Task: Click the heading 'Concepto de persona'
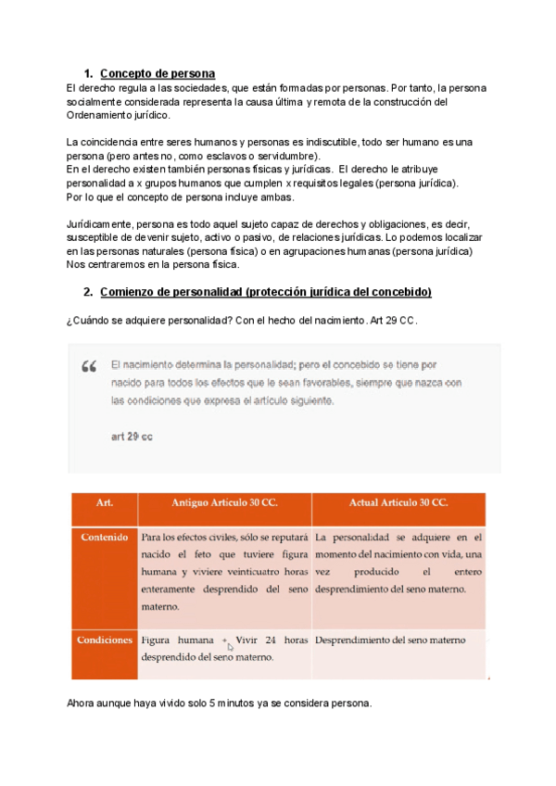pyautogui.click(x=157, y=73)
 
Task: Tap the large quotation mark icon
pyautogui.click(x=90, y=367)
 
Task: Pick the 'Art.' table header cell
pyautogui.click(x=104, y=501)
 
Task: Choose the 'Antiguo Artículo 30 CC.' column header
pyautogui.click(x=224, y=501)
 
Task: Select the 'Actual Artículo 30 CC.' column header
pyautogui.click(x=398, y=501)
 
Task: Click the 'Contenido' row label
pyautogui.click(x=104, y=537)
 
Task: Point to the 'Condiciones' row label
pyautogui.click(x=104, y=640)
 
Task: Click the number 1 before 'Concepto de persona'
pyautogui.click(x=87, y=73)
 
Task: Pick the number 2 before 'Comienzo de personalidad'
pyautogui.click(x=87, y=292)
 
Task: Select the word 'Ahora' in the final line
pyautogui.click(x=82, y=703)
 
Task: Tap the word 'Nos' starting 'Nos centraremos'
pyautogui.click(x=76, y=264)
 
